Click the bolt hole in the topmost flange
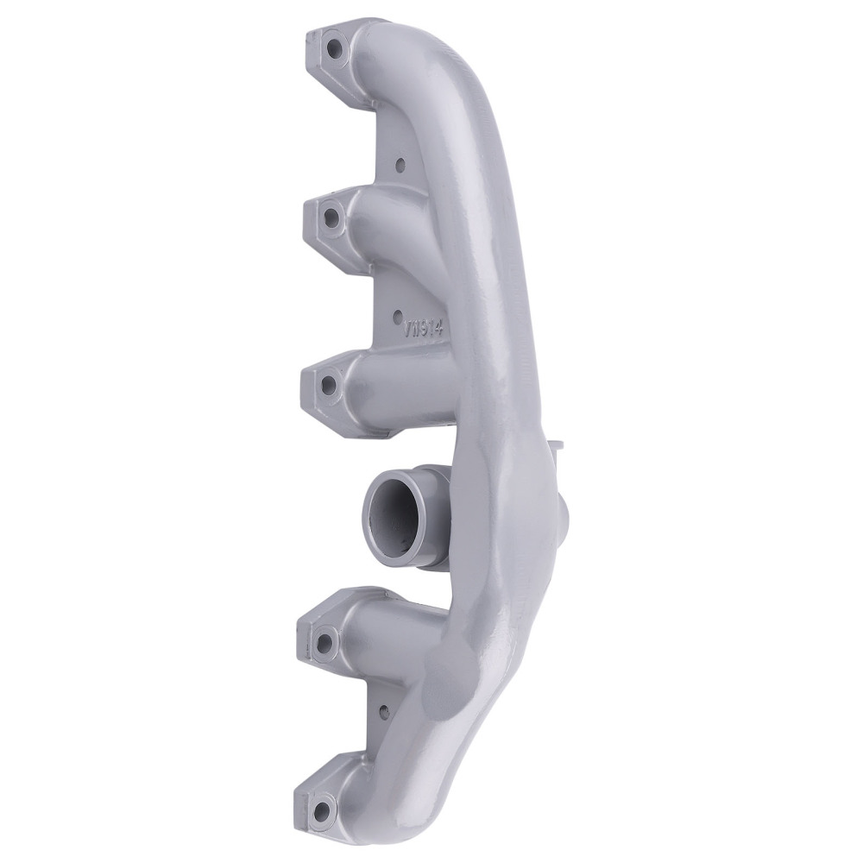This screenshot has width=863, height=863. coord(332,48)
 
